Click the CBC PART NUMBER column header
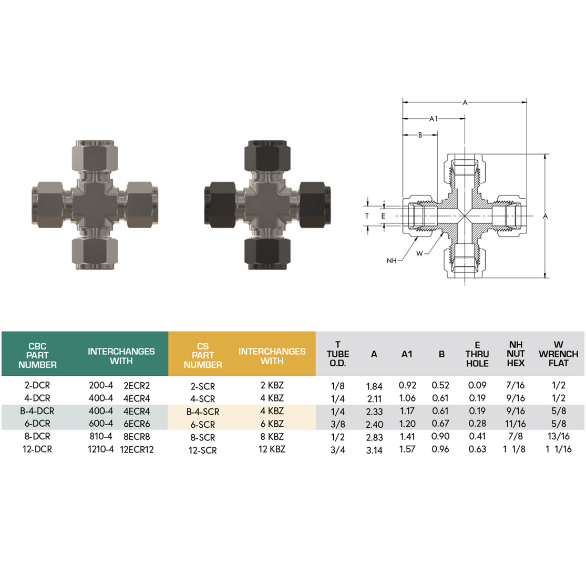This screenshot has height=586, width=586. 37,355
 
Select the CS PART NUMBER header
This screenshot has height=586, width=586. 202,355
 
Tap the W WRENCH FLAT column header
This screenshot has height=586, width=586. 558,354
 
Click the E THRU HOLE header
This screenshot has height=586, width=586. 477,354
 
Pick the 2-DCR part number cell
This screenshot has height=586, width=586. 37,385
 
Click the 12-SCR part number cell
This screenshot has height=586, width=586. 202,450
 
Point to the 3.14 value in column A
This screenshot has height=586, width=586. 374,450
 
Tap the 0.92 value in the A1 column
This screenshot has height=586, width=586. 407,385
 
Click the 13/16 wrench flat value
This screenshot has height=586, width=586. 558,437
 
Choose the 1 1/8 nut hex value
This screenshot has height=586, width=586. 516,449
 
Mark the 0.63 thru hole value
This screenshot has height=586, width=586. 477,449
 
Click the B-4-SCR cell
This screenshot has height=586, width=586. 202,412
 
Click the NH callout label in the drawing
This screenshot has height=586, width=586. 392,261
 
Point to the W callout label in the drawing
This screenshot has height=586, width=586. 419,254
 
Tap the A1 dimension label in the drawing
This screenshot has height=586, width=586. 434,119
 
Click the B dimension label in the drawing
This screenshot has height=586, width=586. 420,135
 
